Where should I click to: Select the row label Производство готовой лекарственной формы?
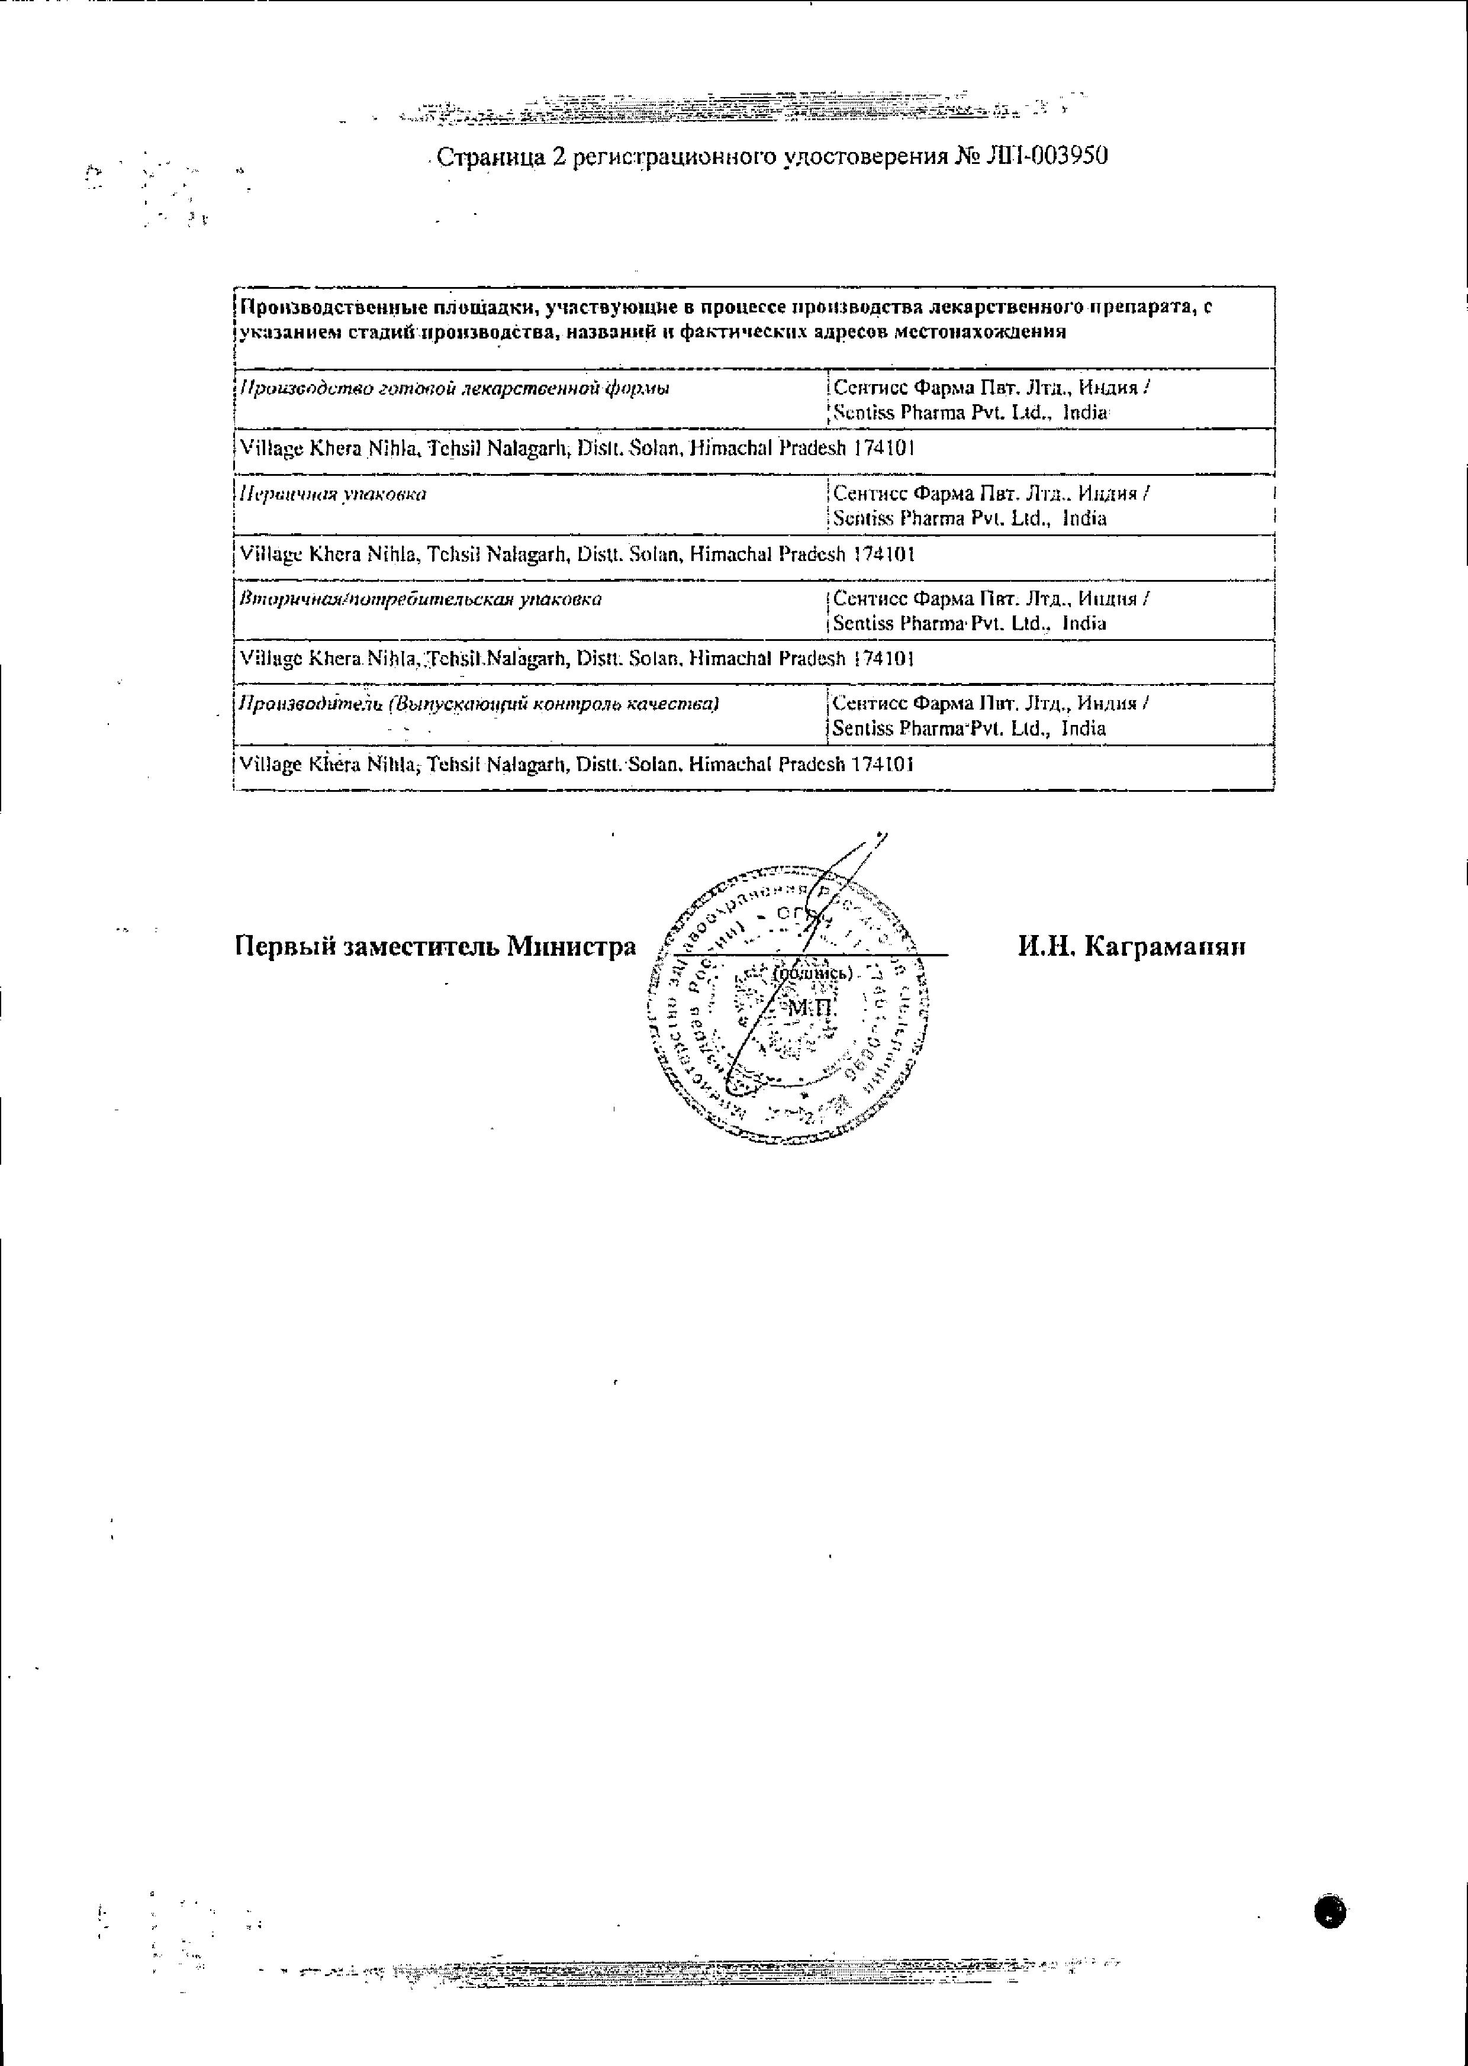tap(454, 389)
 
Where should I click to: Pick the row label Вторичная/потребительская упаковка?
tap(420, 599)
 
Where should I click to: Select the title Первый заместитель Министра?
tap(435, 946)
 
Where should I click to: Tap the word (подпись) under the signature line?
tap(813, 974)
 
